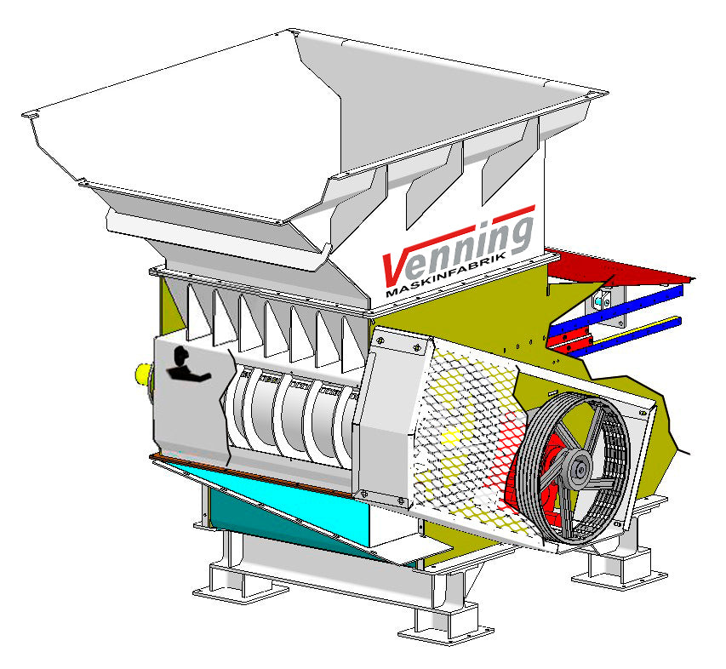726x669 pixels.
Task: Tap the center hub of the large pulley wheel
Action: [580, 466]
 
